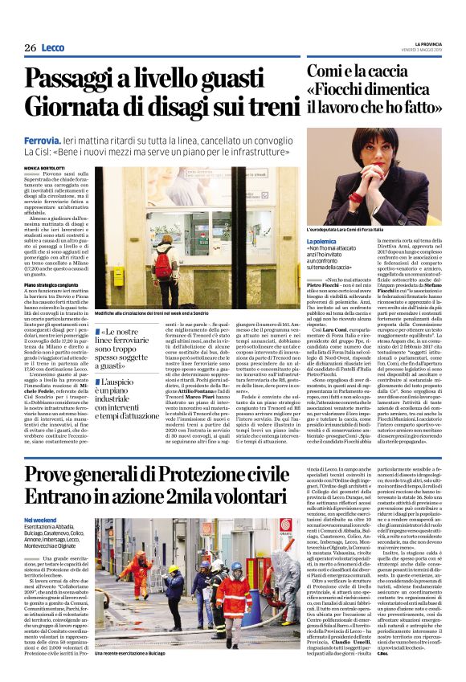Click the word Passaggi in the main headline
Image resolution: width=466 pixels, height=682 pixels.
coord(88,80)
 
